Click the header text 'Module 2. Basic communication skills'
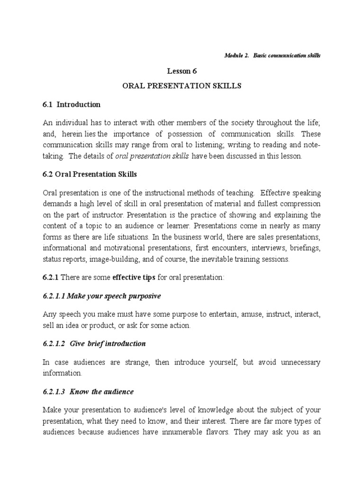coord(272,56)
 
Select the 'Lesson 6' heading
coord(182,71)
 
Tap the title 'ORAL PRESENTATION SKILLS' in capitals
coord(182,86)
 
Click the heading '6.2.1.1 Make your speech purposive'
coord(101,296)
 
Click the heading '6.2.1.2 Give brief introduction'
coord(94,343)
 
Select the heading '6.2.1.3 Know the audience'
coord(88,392)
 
